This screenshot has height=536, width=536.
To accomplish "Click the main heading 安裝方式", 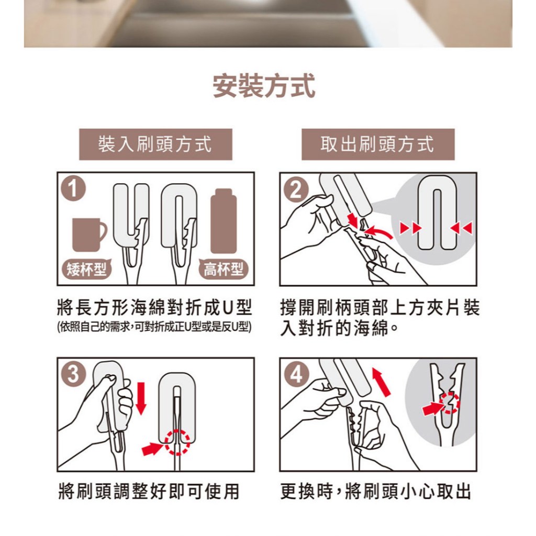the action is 264,86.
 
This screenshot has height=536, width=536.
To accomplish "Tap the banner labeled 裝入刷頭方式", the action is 155,144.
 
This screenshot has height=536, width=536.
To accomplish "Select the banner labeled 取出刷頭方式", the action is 378,144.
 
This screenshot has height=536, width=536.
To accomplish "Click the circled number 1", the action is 73,188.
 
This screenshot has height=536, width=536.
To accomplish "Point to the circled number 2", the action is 296,189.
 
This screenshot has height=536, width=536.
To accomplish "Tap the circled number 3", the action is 73,374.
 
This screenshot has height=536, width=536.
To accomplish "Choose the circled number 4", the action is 296,374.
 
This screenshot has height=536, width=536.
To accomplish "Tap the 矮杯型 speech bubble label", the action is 87,270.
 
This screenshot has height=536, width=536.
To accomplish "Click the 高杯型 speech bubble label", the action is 224,270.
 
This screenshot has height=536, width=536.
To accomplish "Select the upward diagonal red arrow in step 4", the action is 381,382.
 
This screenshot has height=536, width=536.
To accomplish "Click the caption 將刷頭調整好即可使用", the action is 149,491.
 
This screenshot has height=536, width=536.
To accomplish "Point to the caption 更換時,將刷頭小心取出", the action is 375,491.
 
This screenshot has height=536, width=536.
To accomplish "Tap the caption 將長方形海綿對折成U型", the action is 154,307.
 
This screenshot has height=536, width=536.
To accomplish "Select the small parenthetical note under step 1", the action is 154,327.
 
